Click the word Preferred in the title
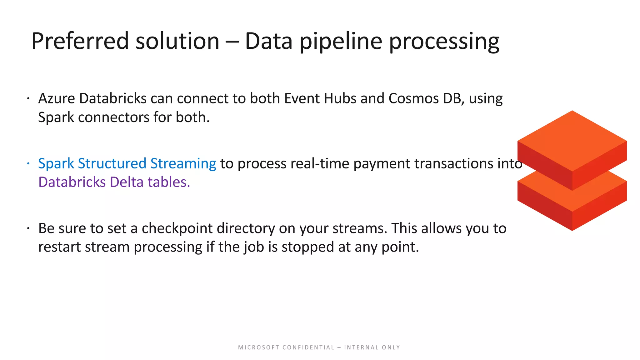pos(80,41)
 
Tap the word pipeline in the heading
pos(341,41)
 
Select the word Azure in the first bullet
pos(56,98)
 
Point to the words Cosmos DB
pos(425,98)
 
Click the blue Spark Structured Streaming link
pos(127,163)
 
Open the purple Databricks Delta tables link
pos(114,182)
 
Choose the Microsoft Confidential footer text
pos(319,347)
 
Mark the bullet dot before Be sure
pos(28,228)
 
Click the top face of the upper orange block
pos(572,141)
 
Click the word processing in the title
pos(444,41)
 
